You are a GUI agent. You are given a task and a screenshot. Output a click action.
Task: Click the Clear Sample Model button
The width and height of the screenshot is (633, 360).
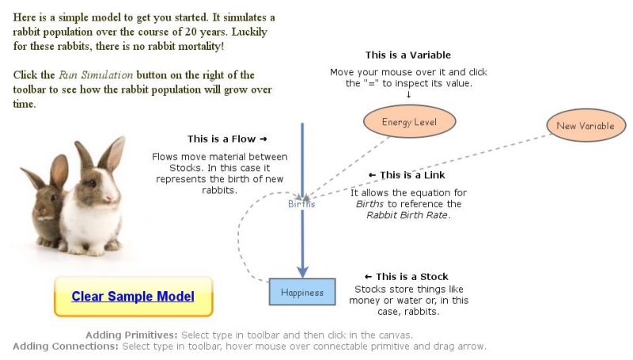click(132, 297)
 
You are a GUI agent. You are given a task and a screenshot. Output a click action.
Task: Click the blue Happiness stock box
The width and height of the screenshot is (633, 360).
click(302, 292)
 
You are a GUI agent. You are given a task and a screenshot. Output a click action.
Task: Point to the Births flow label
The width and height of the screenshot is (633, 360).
click(301, 203)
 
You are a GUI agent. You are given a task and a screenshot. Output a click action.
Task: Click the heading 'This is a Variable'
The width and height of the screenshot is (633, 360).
click(407, 55)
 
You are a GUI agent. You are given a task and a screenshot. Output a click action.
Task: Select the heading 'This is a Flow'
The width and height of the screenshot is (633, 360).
click(222, 139)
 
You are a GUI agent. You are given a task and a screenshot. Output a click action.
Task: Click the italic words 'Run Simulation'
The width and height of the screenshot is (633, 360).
click(95, 75)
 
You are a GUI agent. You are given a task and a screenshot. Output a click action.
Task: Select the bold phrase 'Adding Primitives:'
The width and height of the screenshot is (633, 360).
click(131, 335)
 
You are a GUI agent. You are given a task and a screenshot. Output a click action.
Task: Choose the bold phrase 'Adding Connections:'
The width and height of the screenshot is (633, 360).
click(66, 347)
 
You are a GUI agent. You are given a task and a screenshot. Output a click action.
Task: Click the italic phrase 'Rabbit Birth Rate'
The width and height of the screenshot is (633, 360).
click(407, 215)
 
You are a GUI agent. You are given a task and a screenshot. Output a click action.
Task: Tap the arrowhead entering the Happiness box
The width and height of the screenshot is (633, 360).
click(302, 271)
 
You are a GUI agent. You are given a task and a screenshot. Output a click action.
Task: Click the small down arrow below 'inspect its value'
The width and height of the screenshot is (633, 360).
click(408, 95)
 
